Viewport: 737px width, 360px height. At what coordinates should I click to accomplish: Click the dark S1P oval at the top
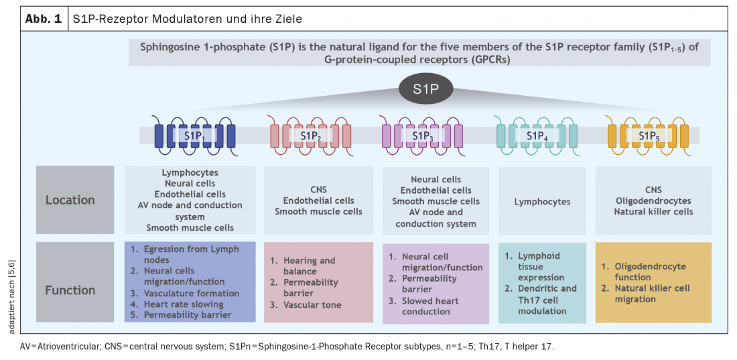(x=425, y=88)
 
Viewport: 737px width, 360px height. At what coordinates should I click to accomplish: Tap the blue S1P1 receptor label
(x=194, y=136)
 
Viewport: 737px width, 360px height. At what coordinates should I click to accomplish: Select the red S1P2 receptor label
(x=310, y=136)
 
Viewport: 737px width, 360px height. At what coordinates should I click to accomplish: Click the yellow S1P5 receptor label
(x=647, y=136)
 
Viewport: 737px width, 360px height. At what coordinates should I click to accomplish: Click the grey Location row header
(x=70, y=200)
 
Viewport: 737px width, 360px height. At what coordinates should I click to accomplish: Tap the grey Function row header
(x=70, y=290)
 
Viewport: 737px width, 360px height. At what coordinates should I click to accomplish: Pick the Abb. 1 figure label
(x=44, y=19)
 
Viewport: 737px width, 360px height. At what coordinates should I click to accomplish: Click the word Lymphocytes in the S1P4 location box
(x=541, y=201)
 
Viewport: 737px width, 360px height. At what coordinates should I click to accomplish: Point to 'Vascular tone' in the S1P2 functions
(x=312, y=305)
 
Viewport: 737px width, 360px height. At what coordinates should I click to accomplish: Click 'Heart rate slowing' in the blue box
(x=186, y=304)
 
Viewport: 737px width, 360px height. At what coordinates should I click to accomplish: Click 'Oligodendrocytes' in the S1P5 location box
(x=653, y=200)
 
